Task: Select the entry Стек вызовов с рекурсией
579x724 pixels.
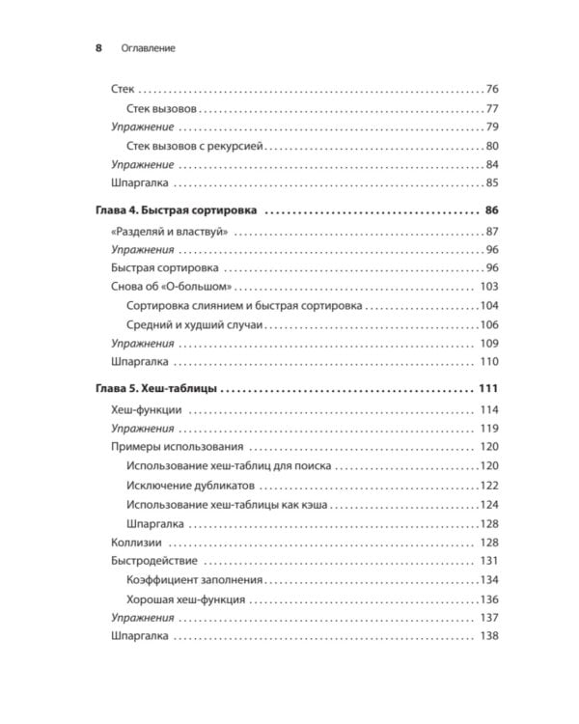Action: click(x=195, y=146)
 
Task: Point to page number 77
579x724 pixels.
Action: click(x=491, y=108)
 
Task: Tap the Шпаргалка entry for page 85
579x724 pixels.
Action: click(x=140, y=183)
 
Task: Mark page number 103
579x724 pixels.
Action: click(x=488, y=287)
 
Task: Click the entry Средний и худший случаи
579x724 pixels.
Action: click(x=195, y=324)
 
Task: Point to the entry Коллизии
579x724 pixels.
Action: click(x=137, y=542)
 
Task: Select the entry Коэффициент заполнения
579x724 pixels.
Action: click(x=194, y=579)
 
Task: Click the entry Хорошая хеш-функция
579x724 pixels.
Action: click(x=185, y=599)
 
